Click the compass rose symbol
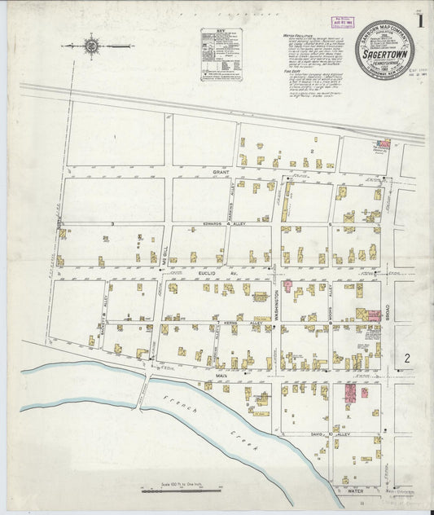(90, 46)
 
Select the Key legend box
(221, 55)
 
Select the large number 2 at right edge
(406, 357)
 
